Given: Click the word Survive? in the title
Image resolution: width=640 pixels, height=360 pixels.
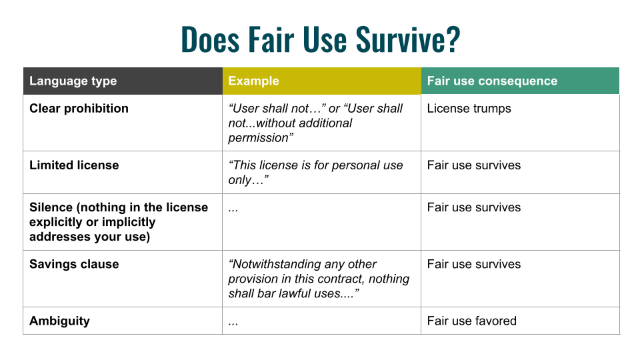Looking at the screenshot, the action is (408, 39).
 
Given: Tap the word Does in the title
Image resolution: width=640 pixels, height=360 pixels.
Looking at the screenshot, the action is (210, 39).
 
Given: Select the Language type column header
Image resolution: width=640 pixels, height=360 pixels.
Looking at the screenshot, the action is (73, 81).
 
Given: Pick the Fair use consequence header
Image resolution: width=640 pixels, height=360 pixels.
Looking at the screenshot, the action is (492, 81).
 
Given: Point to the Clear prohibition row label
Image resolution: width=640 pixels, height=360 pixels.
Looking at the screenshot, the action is (79, 108).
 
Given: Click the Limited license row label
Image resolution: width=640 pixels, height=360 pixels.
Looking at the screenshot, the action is (74, 165).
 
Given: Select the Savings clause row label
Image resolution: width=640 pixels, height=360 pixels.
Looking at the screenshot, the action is (74, 264).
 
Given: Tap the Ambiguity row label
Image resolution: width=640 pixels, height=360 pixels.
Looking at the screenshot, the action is (59, 321).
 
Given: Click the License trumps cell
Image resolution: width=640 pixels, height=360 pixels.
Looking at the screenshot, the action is (469, 109).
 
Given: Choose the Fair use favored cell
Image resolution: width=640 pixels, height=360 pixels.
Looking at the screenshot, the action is (472, 321).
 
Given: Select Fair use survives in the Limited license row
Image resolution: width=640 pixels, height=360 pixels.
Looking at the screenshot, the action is (474, 165).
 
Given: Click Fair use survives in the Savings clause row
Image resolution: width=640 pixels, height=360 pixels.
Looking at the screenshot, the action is (474, 264).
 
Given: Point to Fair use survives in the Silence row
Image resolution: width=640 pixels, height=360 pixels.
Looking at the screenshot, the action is (474, 207).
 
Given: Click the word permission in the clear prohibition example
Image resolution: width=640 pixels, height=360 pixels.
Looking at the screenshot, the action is (258, 138).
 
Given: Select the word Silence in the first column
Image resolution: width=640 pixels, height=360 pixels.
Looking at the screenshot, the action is (51, 207).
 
